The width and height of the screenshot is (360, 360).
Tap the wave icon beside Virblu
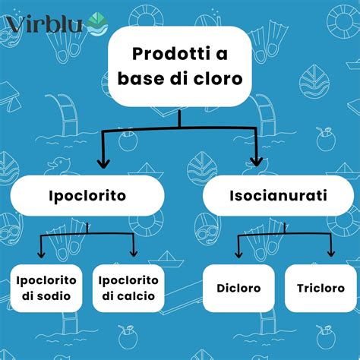tap(96, 24)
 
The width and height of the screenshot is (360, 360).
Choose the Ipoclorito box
tap(88, 196)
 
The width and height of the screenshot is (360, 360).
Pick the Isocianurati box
tap(278, 196)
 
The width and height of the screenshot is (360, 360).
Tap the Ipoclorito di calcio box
tap(128, 289)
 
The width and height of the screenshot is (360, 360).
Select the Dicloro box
tap(238, 289)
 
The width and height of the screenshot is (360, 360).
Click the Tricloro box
tap(321, 289)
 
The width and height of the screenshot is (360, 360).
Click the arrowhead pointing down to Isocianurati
tap(257, 162)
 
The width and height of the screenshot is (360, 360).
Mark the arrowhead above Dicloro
tap(238, 253)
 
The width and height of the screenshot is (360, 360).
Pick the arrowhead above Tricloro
tap(330, 253)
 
